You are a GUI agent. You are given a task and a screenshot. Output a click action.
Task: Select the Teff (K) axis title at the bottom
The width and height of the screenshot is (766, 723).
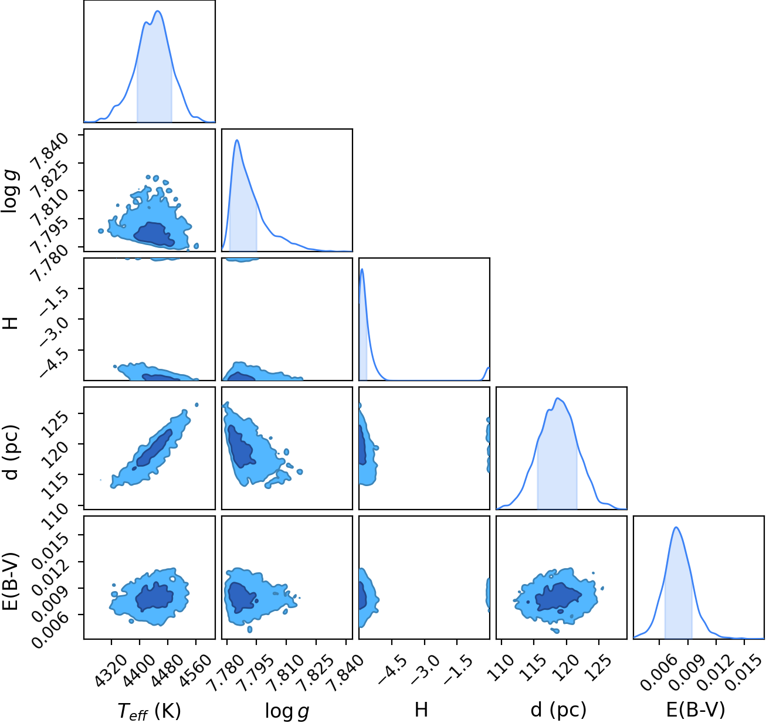[x=149, y=710]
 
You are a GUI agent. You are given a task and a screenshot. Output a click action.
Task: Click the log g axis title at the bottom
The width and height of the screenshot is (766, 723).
[x=287, y=711]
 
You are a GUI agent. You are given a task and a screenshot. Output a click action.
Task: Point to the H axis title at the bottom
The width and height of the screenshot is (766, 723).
[x=421, y=710]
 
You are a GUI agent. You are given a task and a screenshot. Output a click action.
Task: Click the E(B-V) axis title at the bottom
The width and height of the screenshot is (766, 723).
[x=696, y=710]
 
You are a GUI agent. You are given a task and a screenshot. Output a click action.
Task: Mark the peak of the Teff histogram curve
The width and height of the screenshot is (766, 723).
[x=158, y=11]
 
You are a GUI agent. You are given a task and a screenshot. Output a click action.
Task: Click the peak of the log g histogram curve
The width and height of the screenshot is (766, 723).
[x=237, y=140]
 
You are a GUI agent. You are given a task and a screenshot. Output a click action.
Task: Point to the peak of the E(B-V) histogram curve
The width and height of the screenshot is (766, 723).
[x=676, y=527]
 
